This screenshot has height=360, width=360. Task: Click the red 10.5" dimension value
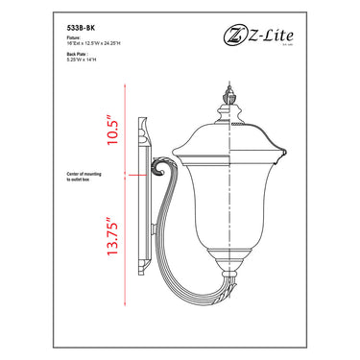(x=113, y=129)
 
